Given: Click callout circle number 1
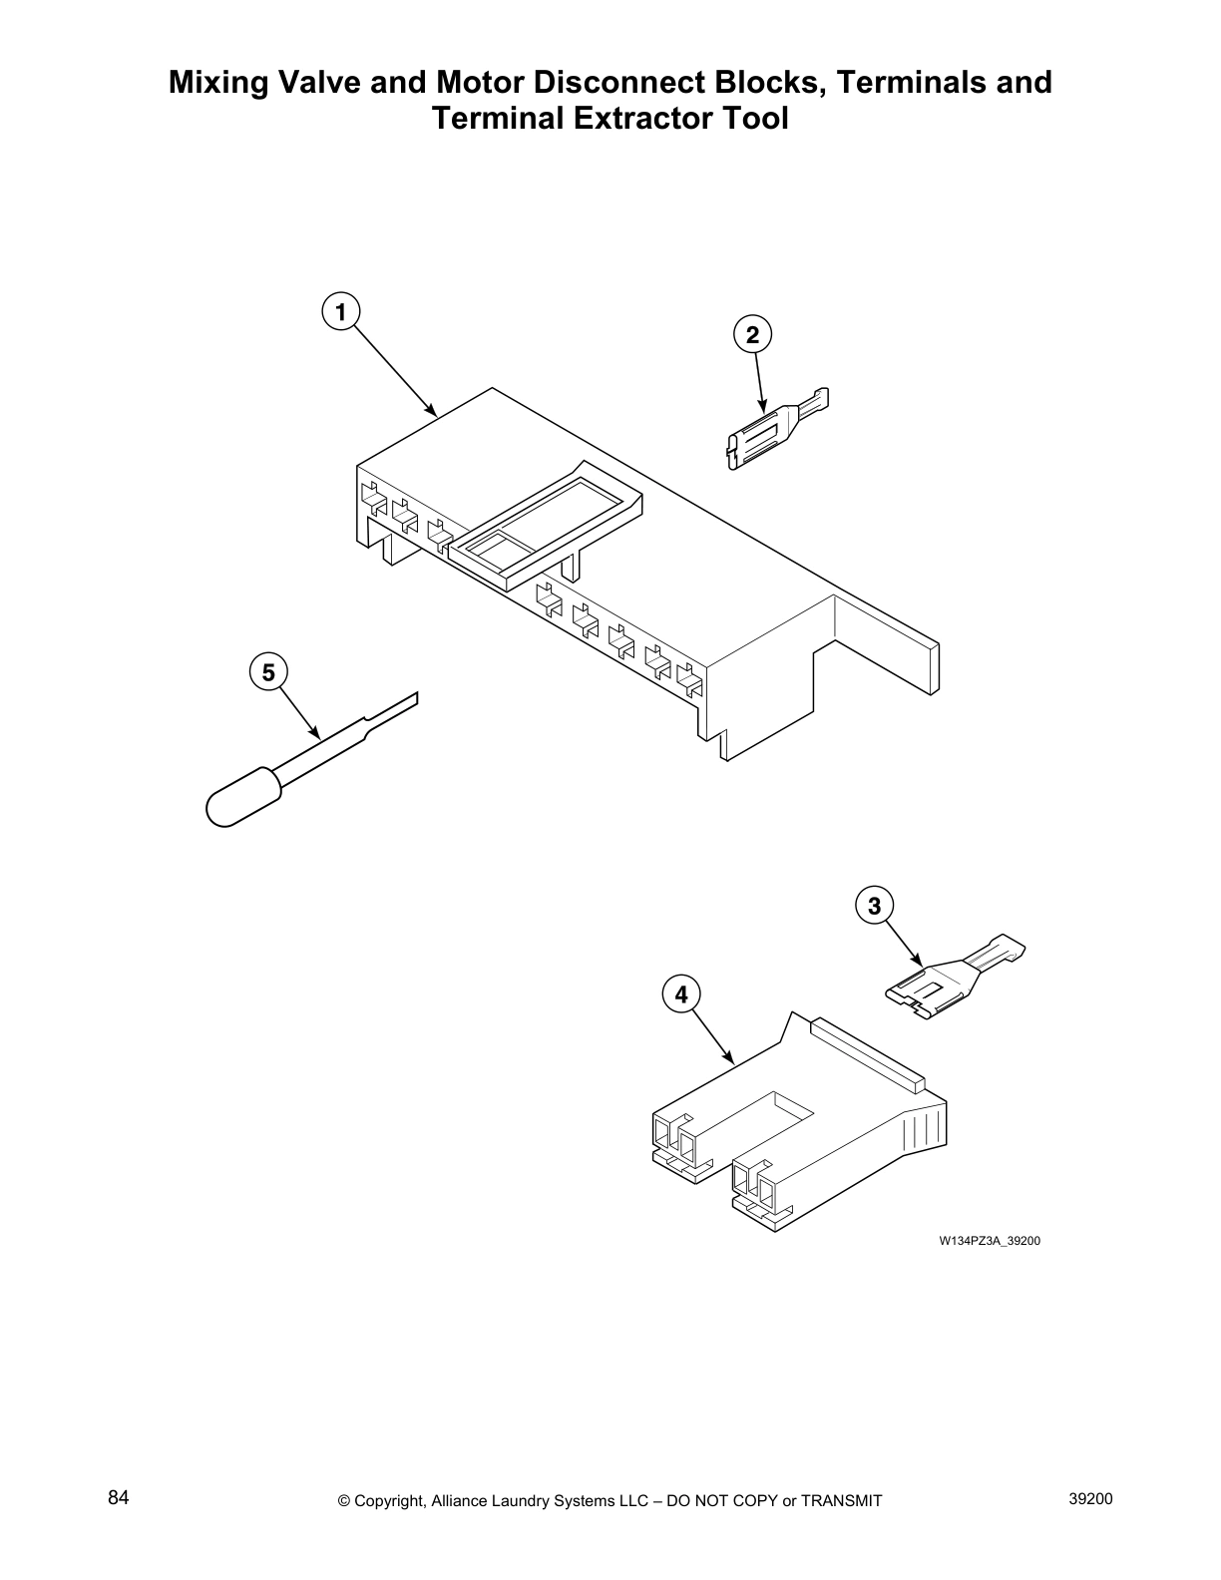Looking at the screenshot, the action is click(340, 312).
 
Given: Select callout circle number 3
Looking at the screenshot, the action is click(875, 906).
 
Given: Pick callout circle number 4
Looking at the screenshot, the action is click(681, 994).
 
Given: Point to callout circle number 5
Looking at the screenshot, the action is click(268, 673).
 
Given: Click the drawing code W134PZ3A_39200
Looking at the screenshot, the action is click(990, 1241).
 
